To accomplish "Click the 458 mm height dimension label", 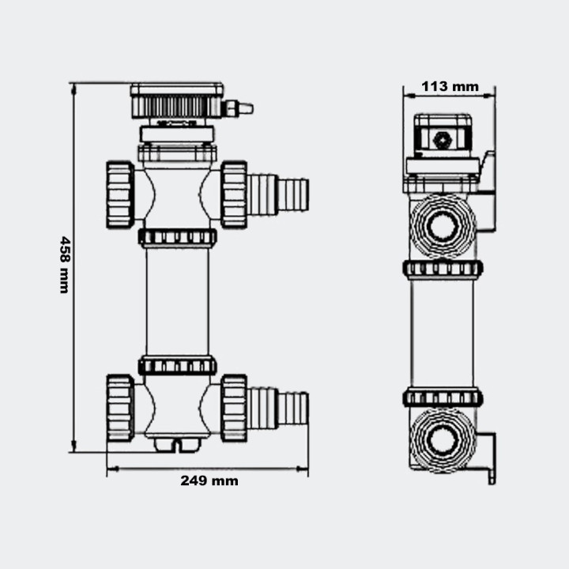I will coord(64,265).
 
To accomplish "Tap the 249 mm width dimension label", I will coord(209,480).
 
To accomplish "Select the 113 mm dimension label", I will coord(450,86).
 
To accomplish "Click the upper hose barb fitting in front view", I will coord(278,194).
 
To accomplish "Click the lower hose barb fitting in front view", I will coord(278,408).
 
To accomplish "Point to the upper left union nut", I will coord(120,194).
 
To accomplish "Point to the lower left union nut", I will coord(120,408).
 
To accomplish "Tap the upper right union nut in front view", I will coord(234,194).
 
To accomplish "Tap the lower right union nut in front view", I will coord(234,408).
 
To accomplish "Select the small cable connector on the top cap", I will coord(238,107).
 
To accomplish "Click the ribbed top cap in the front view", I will coord(177,102).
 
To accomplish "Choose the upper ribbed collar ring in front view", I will coord(177,237).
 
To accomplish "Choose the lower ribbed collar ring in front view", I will coord(177,365).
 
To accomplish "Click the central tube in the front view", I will coord(177,301).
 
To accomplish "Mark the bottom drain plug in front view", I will coord(177,445).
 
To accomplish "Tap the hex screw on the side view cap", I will coord(443,139).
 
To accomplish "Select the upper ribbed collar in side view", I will coord(443,269).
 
